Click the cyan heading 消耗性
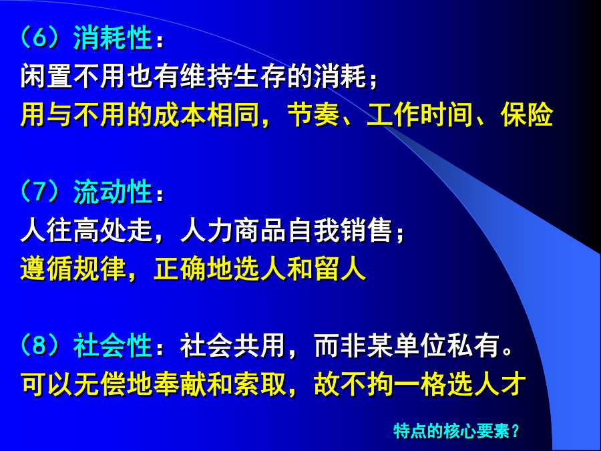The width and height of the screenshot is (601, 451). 113,38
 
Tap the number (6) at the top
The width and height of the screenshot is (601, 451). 40,38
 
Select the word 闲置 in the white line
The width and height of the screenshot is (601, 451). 46,76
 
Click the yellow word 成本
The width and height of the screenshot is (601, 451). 180,114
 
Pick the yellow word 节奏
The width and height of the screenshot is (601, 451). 313,114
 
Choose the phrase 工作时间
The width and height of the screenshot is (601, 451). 420,114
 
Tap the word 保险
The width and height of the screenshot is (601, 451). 527,114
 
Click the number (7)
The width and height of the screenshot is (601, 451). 40,192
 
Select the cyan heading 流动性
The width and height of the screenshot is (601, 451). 113,192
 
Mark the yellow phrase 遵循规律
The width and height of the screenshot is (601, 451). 73,269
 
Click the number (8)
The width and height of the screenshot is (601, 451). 40,345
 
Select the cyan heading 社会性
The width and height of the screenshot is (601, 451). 113,345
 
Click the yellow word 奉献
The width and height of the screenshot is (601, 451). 180,384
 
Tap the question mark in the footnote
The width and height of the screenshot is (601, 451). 515,431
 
